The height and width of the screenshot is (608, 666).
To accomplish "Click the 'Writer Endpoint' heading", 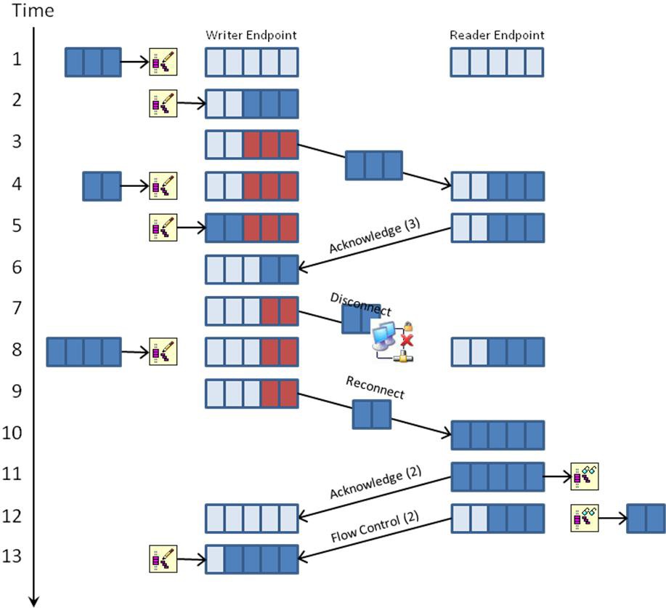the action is [x=251, y=35].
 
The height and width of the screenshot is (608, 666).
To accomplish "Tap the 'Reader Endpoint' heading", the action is [x=497, y=35].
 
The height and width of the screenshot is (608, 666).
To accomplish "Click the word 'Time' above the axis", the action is [x=33, y=11].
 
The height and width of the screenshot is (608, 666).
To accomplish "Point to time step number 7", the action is [x=17, y=308].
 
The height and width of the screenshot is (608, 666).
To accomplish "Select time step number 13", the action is [x=12, y=556].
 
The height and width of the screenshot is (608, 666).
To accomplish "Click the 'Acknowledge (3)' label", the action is [x=375, y=235].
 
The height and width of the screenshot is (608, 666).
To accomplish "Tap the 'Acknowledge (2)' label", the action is [x=375, y=481].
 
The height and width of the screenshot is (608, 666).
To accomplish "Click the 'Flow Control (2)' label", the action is [x=375, y=527].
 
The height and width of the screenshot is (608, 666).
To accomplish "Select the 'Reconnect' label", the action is [x=375, y=388].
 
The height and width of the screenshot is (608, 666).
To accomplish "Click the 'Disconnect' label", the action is [x=361, y=304].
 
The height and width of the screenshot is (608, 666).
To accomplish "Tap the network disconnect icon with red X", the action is [x=393, y=341].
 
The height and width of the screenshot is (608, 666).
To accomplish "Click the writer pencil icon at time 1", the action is [x=163, y=62].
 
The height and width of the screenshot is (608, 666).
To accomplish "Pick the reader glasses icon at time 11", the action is [x=585, y=476].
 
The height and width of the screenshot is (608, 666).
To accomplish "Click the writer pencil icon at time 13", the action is [x=163, y=559].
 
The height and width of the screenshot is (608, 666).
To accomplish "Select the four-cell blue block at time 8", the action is [x=84, y=352].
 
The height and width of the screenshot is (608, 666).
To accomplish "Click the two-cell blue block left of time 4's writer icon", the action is [x=102, y=186].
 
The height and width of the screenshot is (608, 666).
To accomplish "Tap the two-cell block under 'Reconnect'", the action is [x=372, y=414].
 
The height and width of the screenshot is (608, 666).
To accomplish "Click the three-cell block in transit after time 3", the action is [x=374, y=165].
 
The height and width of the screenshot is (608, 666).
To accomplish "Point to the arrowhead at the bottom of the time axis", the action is [x=34, y=601].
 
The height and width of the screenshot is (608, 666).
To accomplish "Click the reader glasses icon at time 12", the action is [x=585, y=519].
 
